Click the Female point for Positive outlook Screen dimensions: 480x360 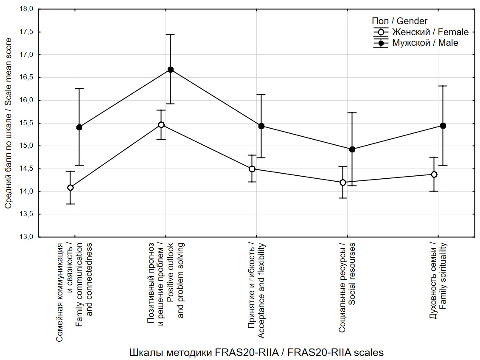pos(161,124)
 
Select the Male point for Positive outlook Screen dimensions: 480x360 pos(171,70)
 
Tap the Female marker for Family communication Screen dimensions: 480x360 pos(70,187)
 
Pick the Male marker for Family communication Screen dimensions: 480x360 pos(79,127)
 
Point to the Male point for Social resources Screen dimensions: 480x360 pos(352,149)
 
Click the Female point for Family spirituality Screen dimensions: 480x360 pos(434,174)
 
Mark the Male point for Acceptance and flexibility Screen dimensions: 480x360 pos(261,126)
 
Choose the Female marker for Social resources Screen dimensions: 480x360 pos(343,183)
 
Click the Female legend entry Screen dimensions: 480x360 pos(421,32)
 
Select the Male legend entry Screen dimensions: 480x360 pos(416,43)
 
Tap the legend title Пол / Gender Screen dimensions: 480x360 pos(399,21)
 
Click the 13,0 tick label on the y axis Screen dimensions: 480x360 pos(26,237)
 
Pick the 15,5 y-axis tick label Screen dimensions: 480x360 pos(26,123)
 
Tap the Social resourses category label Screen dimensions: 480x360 pos(352,274)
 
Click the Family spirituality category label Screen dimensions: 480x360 pos(443,276)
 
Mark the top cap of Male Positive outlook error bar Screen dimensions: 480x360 pos(171,34)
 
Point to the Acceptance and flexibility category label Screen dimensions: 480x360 pos(261,291)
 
